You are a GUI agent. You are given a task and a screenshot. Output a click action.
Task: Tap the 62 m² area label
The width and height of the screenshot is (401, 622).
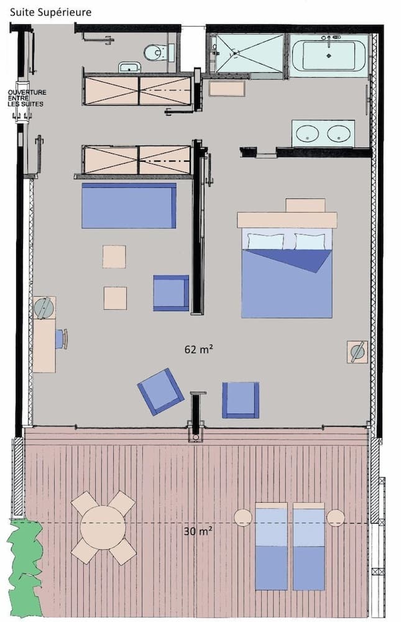coord(199,349)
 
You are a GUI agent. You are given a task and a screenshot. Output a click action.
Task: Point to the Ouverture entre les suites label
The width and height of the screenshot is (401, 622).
coord(26,98)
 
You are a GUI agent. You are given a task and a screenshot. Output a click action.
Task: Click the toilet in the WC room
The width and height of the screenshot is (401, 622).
coord(155,52)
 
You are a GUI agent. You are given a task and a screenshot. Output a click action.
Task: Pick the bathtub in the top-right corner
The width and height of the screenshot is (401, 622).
coord(329,55)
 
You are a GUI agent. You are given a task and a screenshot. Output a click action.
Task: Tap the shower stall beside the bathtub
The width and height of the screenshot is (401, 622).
coord(249,53)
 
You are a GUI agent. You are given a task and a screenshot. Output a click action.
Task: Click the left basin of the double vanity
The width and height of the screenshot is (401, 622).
coord(307,133)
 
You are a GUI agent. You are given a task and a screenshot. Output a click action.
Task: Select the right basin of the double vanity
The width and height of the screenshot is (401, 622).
coord(339,133)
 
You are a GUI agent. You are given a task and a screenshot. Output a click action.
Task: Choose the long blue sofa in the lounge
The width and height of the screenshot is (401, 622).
coord(129,206)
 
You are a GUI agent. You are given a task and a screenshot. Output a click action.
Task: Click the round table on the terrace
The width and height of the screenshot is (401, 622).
coord(103,527)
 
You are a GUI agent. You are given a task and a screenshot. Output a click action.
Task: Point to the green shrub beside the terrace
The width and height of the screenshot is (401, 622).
coord(25,566)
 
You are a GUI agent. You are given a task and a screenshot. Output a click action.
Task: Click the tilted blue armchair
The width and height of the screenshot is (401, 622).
coord(160,391)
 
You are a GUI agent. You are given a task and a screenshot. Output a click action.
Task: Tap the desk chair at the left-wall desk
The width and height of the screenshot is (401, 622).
coord(61,339)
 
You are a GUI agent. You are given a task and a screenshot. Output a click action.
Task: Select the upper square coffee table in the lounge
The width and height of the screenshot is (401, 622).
coord(114,256)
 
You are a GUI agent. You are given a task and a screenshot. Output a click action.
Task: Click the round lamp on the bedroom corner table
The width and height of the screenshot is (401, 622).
coord(357,351)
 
